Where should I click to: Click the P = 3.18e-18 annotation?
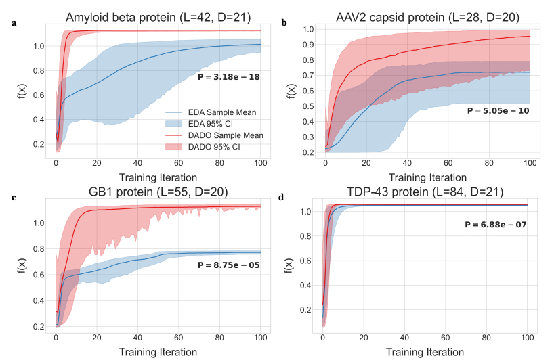229,77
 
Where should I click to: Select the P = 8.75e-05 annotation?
229,265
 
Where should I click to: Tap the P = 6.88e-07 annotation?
496,224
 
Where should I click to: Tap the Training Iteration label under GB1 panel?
158,352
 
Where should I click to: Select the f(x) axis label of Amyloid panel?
23,89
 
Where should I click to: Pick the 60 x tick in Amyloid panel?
178,164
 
